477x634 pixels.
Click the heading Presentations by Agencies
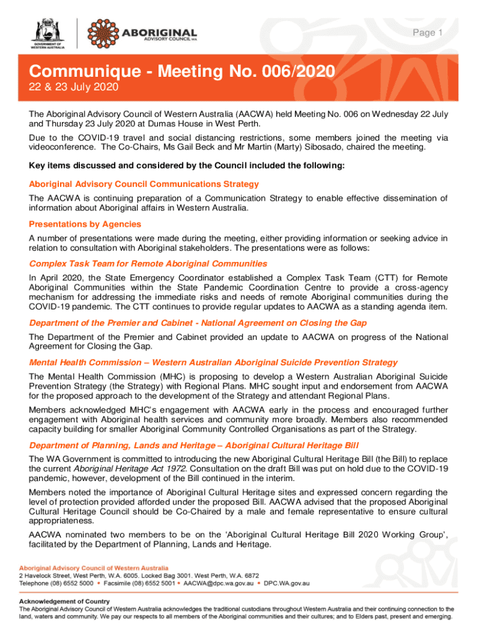(85, 224)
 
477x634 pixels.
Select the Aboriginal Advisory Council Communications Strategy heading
(144, 184)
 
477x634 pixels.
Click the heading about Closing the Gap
(198, 323)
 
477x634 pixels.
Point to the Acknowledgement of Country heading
(64, 601)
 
